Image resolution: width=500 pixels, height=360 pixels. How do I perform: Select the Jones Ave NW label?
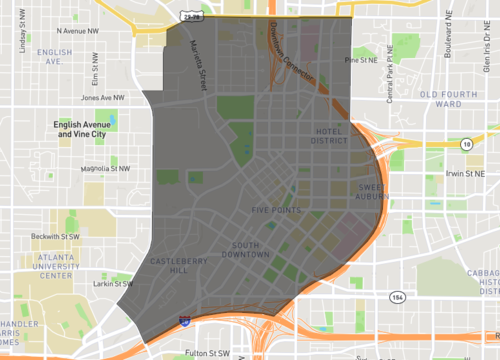click(104, 98)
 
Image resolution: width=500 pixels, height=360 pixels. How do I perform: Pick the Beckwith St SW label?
click(54, 236)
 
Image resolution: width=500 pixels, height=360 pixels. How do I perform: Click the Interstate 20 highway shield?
click(184, 320)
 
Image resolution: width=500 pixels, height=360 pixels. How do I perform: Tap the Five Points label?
click(272, 211)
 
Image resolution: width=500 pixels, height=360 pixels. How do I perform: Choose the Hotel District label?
click(329, 135)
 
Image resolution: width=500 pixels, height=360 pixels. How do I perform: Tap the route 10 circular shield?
click(466, 145)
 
